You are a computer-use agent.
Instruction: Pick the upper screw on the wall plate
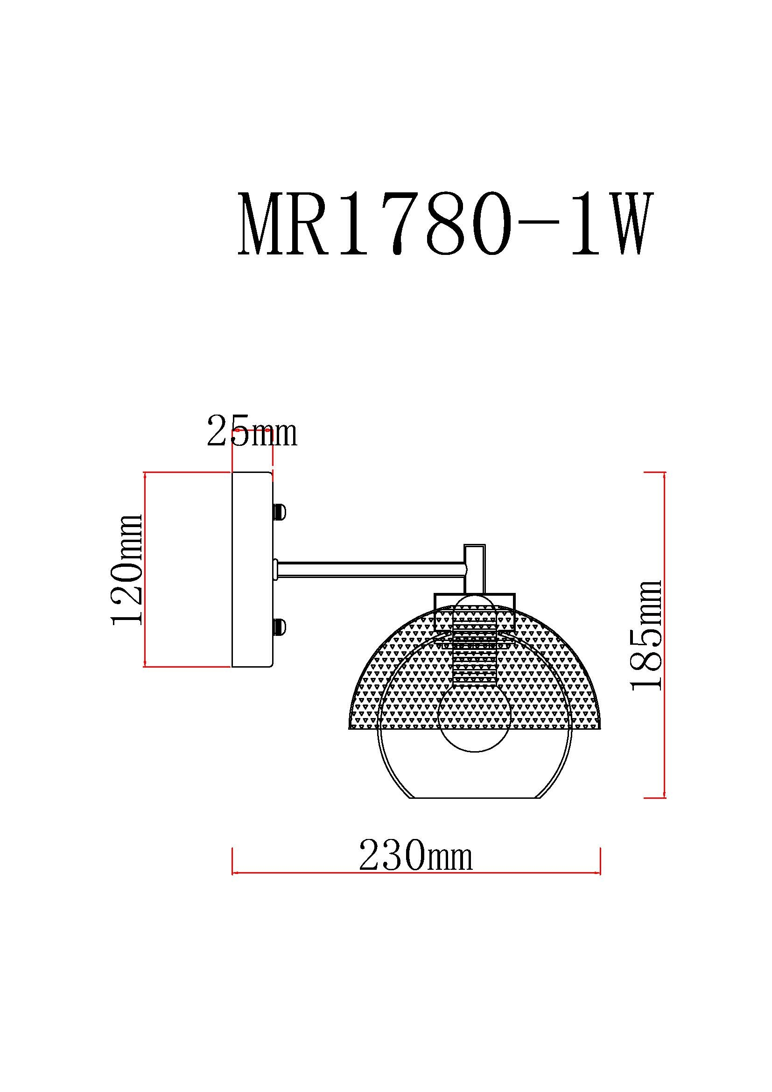pyautogui.click(x=279, y=512)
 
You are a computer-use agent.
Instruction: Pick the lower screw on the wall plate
pyautogui.click(x=279, y=627)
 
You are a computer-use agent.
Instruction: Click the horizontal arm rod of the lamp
pyautogui.click(x=371, y=570)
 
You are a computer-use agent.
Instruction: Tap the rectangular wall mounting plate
pyautogui.click(x=252, y=569)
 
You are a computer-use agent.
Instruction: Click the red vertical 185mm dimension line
pyautogui.click(x=664, y=635)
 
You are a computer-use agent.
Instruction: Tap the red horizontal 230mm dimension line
pyautogui.click(x=416, y=873)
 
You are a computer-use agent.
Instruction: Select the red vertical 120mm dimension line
pyautogui.click(x=145, y=569)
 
